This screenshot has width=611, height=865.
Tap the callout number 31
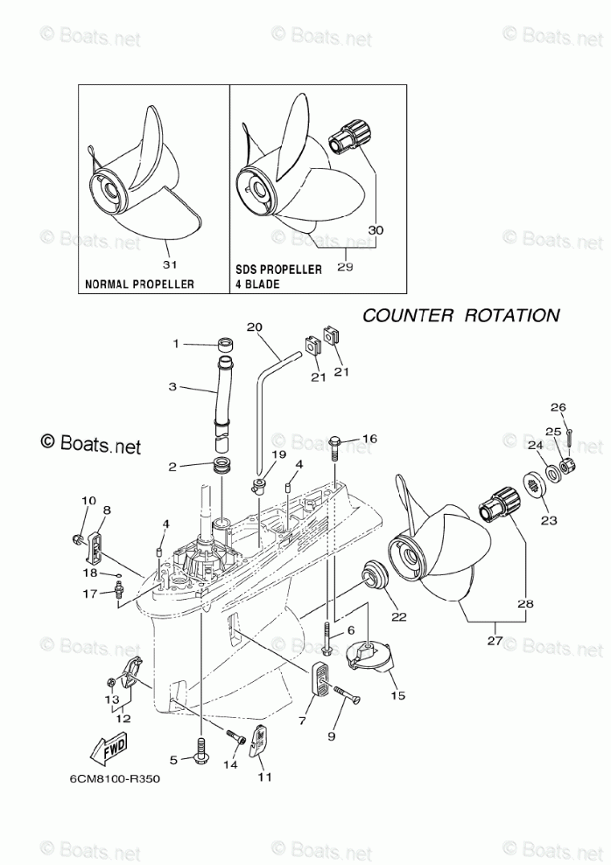[x=171, y=264]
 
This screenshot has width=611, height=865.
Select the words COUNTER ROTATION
[x=461, y=315]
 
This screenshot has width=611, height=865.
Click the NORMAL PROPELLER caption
[x=139, y=285]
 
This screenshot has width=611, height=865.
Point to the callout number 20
[x=254, y=327]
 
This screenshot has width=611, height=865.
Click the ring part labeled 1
[x=224, y=345]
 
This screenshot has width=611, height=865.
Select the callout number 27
[x=495, y=640]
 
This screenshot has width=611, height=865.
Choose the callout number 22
[x=397, y=616]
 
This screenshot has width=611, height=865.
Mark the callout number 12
[x=123, y=718]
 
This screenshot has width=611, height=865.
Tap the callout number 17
[x=90, y=594]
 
